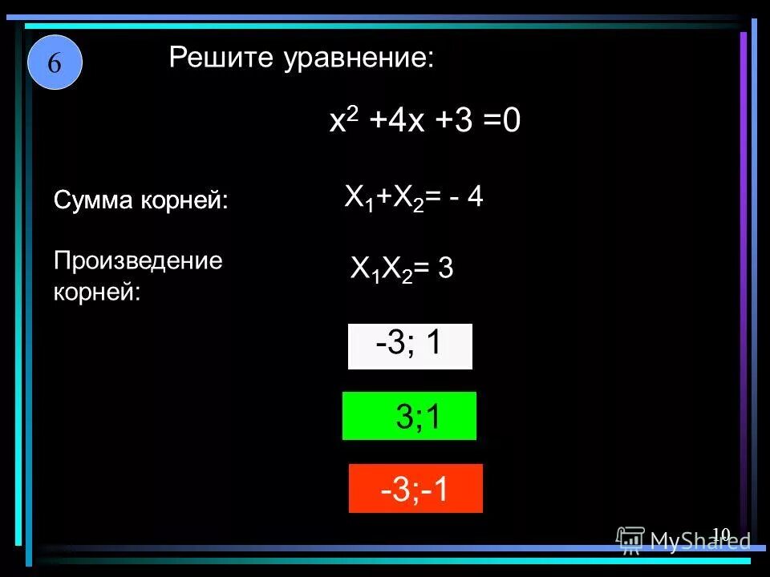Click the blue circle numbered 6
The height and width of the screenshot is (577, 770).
pyautogui.click(x=55, y=63)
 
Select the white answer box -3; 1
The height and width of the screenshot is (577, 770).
pyautogui.click(x=410, y=346)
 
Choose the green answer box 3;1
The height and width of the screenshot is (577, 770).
pyautogui.click(x=409, y=416)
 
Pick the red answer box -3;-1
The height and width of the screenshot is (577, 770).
pyautogui.click(x=415, y=488)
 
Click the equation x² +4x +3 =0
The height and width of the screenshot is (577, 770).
pyautogui.click(x=425, y=123)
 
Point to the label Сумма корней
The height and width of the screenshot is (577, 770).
pyautogui.click(x=140, y=200)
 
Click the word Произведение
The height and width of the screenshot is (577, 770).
pyautogui.click(x=137, y=261)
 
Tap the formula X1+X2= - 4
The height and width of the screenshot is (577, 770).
pyautogui.click(x=413, y=197)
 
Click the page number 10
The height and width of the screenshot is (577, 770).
pyautogui.click(x=720, y=534)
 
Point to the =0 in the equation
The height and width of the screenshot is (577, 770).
pyautogui.click(x=502, y=123)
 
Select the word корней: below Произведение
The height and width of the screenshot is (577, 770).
pyautogui.click(x=97, y=292)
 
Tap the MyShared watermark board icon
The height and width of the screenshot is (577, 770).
pyautogui.click(x=630, y=541)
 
